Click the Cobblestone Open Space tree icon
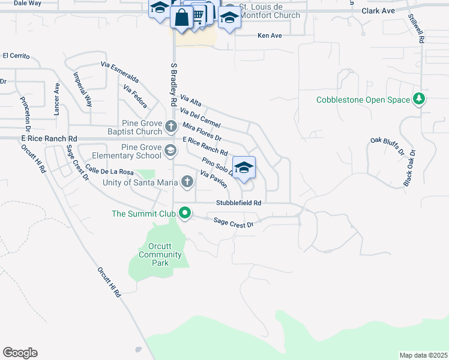419,100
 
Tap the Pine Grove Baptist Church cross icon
171,127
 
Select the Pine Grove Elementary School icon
170,151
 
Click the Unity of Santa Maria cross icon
187,181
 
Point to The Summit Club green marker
185,213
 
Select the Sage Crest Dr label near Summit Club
234,223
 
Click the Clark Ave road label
378,11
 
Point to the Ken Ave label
270,36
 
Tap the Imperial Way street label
82,89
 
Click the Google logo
20,353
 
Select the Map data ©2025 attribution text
423,355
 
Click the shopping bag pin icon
181,17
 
